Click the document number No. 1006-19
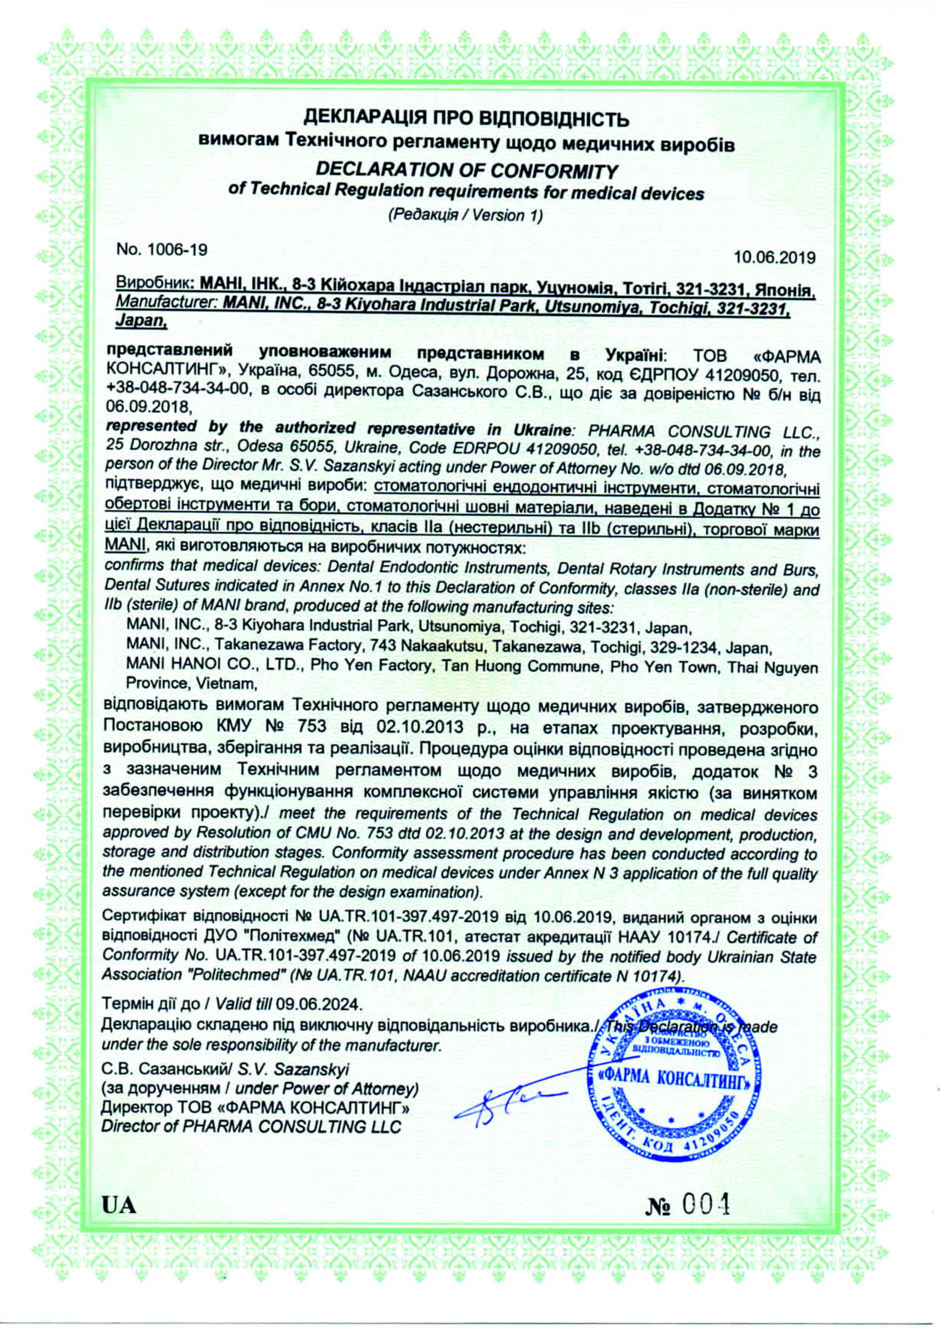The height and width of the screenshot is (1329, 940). pos(161,250)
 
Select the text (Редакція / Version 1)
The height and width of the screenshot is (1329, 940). pos(466,215)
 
